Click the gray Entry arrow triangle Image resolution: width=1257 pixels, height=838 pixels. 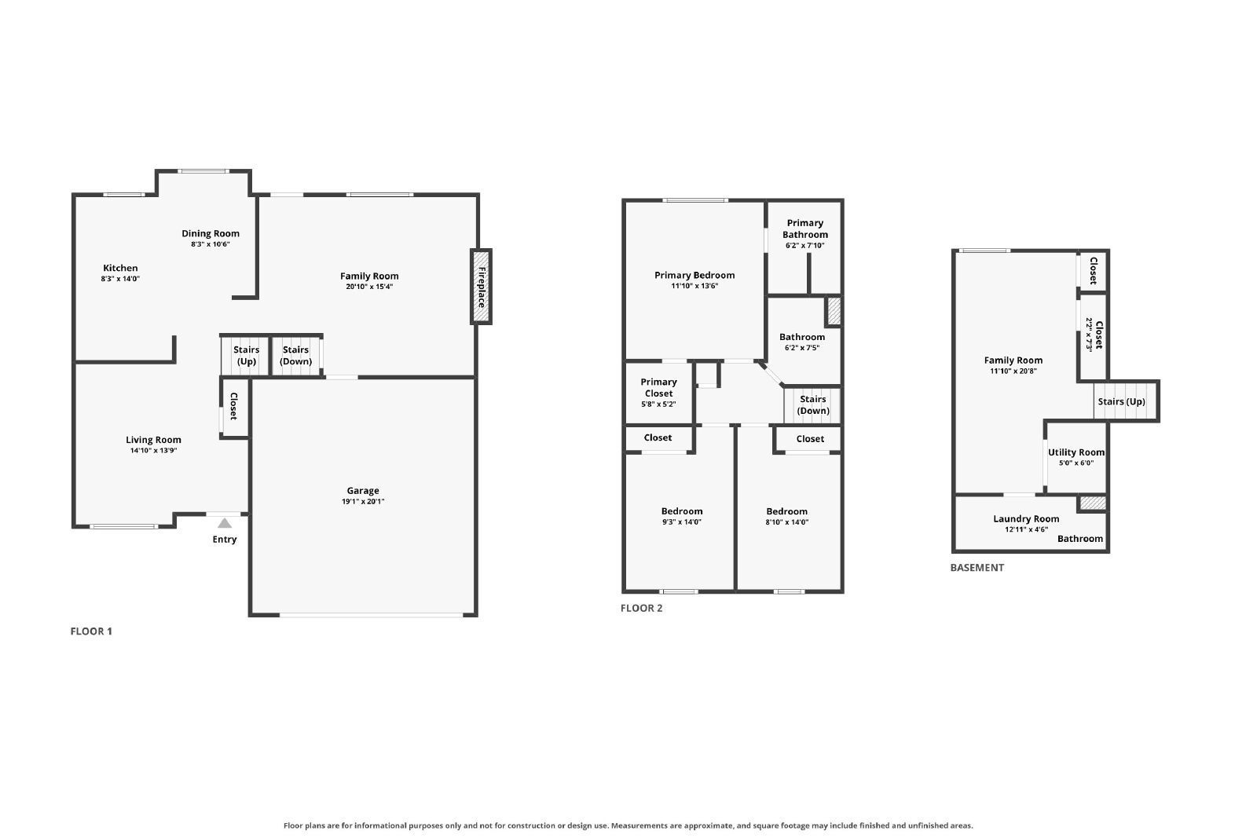(225, 523)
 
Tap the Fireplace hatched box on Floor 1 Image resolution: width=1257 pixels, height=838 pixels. (481, 287)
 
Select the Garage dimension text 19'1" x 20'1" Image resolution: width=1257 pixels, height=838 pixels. (363, 501)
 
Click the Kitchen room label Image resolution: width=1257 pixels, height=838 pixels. (120, 268)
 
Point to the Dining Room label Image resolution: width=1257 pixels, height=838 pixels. (211, 233)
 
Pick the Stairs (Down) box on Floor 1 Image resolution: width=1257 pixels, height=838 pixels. (296, 355)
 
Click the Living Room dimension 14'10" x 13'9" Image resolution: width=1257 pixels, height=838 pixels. (153, 450)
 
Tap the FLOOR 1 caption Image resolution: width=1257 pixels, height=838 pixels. (91, 631)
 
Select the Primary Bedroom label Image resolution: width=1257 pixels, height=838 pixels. (694, 275)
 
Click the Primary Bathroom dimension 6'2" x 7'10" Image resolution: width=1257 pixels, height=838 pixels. (804, 246)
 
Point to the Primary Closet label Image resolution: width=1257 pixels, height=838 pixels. (659, 388)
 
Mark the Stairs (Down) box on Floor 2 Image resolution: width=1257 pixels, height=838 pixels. (812, 405)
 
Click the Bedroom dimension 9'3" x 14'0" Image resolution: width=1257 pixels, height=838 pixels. (682, 522)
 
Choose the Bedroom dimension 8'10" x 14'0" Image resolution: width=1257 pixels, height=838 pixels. (786, 522)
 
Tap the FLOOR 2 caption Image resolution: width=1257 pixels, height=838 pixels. (641, 608)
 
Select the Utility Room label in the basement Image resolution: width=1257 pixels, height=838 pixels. (1076, 452)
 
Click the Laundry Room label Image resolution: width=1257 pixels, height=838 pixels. (1026, 519)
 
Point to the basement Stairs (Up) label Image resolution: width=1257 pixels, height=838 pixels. (1121, 401)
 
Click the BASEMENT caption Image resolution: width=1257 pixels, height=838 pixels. (977, 568)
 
